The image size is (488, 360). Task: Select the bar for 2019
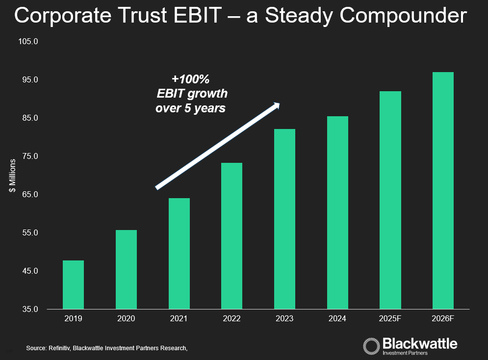tap(73, 284)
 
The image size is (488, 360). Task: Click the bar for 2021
tap(179, 254)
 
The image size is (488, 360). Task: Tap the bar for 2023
tap(284, 219)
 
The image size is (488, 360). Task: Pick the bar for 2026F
tap(443, 190)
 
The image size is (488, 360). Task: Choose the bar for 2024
tap(337, 212)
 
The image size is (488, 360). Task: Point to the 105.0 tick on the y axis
tap(28, 42)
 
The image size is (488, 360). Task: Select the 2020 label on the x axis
tap(126, 319)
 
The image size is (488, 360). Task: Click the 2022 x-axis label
tap(231, 319)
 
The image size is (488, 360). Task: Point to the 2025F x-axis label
tap(390, 319)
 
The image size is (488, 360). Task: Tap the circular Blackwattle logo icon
tap(371, 345)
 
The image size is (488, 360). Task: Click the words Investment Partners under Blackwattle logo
tap(405, 353)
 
